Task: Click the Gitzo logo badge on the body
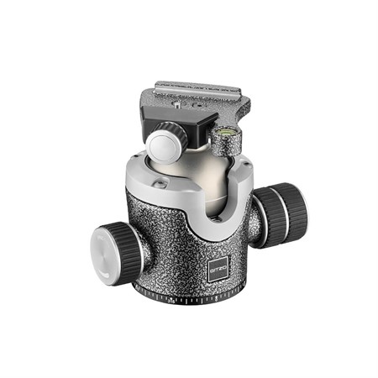point(218,270)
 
